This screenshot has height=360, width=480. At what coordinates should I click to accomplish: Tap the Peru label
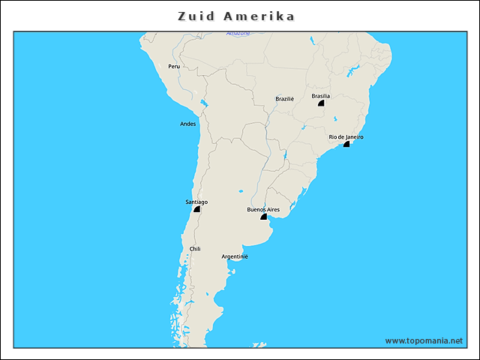coord(174,66)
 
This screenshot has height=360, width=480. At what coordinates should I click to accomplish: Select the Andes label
coord(188,124)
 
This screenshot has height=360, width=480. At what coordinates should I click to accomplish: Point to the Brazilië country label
coord(285,98)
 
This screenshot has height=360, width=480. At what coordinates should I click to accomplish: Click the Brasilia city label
coord(321,96)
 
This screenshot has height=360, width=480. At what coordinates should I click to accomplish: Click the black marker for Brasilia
coord(321,103)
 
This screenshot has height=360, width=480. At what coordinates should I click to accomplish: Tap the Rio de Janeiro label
coord(346,136)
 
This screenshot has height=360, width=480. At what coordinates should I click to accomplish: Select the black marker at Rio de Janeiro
coord(346,143)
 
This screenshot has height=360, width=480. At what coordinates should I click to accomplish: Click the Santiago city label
coord(196,202)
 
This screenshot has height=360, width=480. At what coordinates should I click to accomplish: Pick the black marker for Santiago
coord(196,209)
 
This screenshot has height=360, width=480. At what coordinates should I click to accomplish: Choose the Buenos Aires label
coord(263,209)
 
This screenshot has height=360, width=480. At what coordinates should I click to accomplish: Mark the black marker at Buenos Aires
coord(263,217)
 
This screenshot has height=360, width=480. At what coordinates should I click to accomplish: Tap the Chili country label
coord(195,248)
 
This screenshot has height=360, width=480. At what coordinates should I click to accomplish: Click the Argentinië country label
coord(235,256)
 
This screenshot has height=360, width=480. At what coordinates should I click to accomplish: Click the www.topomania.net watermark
coord(424,340)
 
